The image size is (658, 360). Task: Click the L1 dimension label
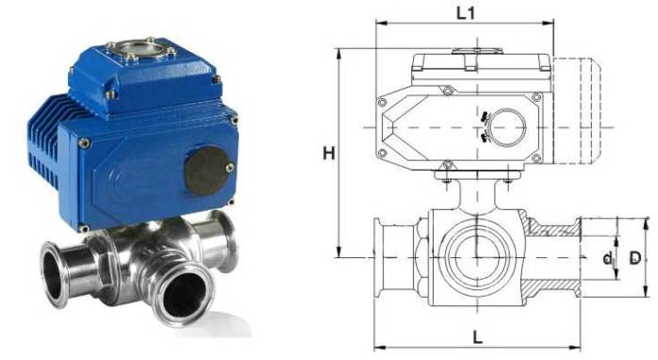click(x=466, y=13)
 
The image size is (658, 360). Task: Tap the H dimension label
click(x=329, y=154)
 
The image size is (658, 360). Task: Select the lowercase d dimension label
click(x=607, y=258)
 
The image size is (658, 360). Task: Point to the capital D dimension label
click(x=635, y=257)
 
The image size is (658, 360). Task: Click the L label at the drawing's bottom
click(x=477, y=337)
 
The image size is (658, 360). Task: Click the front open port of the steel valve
click(x=184, y=295)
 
